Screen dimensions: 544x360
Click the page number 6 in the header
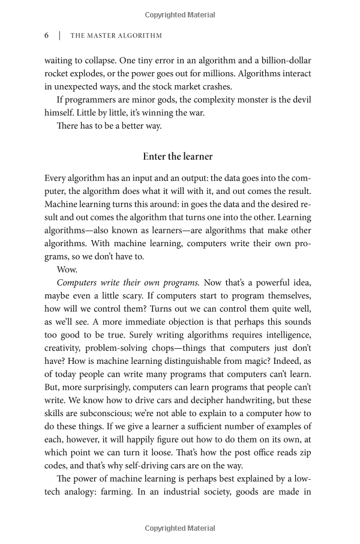(47, 35)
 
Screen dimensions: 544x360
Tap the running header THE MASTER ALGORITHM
(116, 35)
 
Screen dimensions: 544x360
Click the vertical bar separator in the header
(59, 35)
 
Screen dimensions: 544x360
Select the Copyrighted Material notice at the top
(180, 14)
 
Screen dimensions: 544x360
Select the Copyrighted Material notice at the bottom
(180, 528)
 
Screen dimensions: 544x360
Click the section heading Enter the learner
(178, 156)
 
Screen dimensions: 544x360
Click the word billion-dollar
(284, 61)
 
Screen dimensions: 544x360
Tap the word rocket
(57, 74)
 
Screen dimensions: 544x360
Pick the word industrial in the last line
(175, 492)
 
